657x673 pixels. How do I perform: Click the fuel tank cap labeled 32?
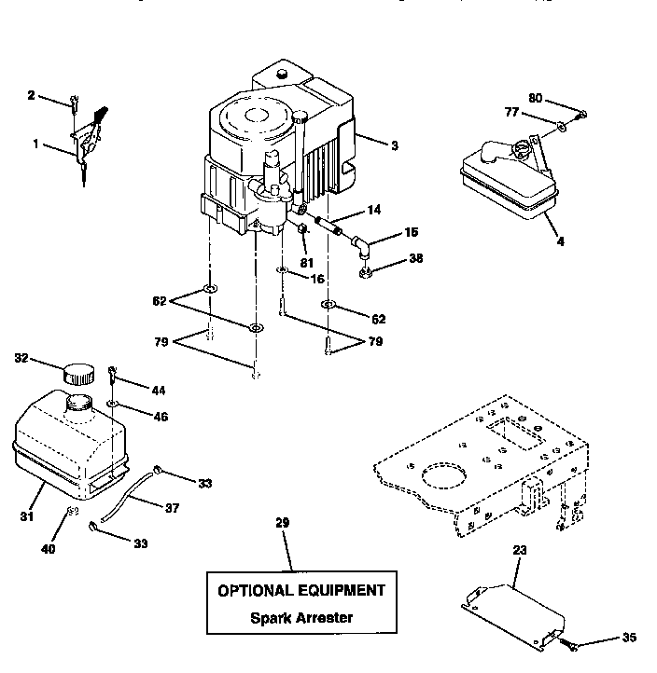tap(78, 373)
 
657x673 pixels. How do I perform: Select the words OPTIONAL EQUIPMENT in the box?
tap(301, 590)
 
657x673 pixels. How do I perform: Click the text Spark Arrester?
tap(301, 617)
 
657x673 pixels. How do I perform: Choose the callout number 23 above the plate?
tap(520, 551)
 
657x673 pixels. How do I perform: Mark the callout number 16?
tap(317, 278)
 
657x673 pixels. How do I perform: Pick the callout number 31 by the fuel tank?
tap(26, 516)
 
